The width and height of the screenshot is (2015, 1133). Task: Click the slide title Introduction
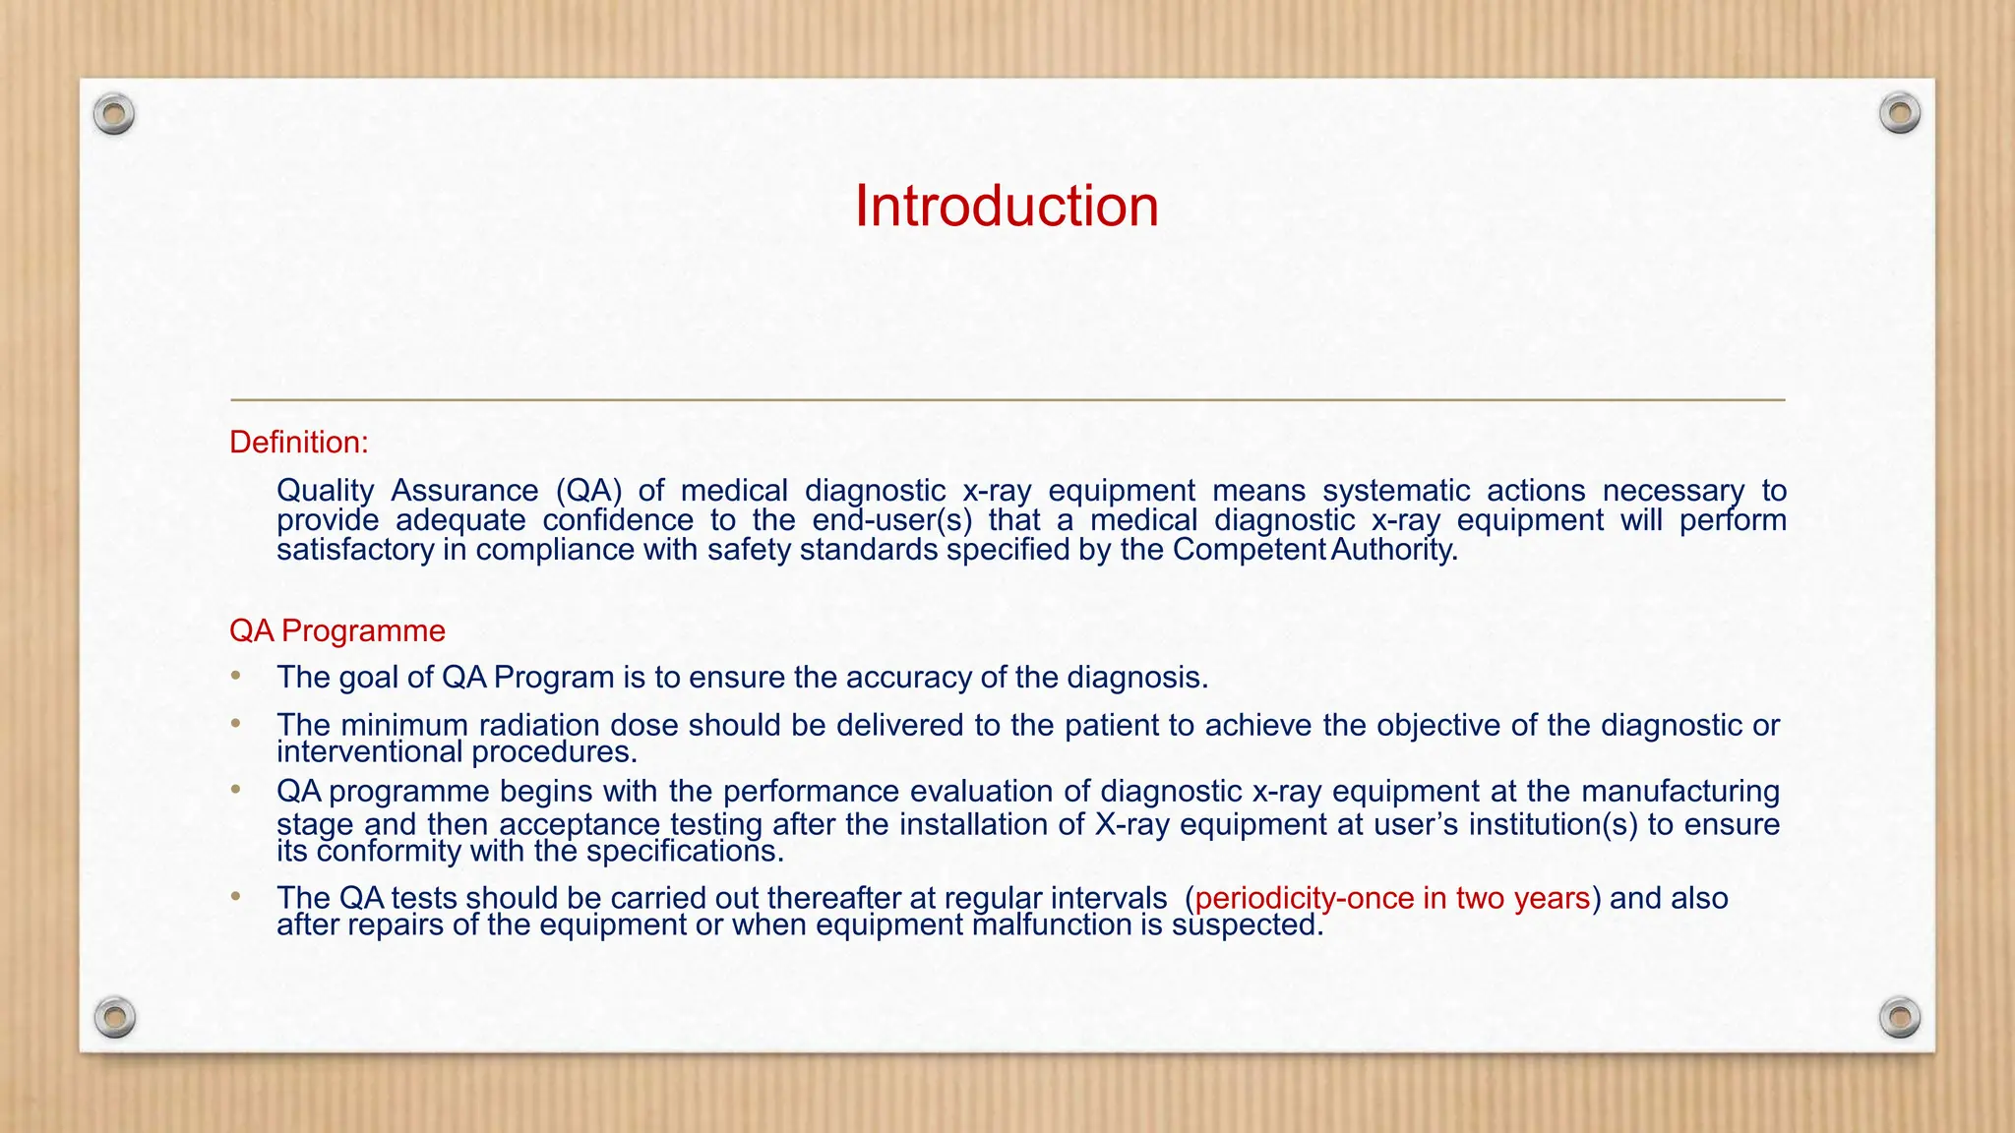coord(1007,207)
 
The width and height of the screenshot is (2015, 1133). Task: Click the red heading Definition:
coord(298,443)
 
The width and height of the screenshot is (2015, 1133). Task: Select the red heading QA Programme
coord(336,630)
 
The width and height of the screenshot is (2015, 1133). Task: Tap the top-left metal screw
coord(114,115)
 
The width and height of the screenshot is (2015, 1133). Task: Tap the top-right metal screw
coord(1899,114)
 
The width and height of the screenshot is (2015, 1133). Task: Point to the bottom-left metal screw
coord(114,1017)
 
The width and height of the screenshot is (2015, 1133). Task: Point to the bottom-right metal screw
coord(1899,1017)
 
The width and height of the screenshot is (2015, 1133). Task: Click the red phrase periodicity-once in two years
coord(1392,898)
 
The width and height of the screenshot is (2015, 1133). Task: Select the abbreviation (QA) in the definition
coord(589,490)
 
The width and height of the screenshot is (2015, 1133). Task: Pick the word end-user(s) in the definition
coord(891,520)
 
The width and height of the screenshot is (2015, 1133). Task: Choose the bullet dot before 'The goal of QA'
coord(236,676)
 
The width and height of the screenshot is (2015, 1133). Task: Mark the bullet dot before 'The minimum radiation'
coord(236,724)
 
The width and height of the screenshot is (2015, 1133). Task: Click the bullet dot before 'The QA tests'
coord(236,897)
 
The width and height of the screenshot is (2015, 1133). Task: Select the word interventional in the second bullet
coord(370,752)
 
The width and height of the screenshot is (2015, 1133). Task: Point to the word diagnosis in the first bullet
coord(1136,678)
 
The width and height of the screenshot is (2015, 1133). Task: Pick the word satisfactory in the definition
coord(355,550)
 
